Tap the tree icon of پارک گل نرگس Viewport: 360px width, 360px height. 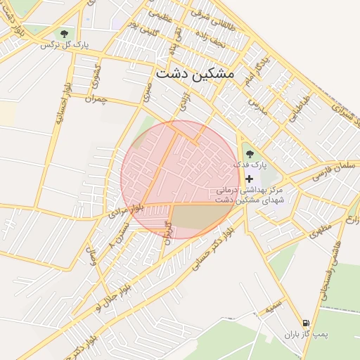(x=64, y=34)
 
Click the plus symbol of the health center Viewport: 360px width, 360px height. (x=249, y=179)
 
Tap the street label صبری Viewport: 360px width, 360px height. (x=146, y=90)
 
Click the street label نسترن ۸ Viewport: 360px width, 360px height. (x=120, y=236)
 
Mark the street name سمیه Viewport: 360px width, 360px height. (x=274, y=307)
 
